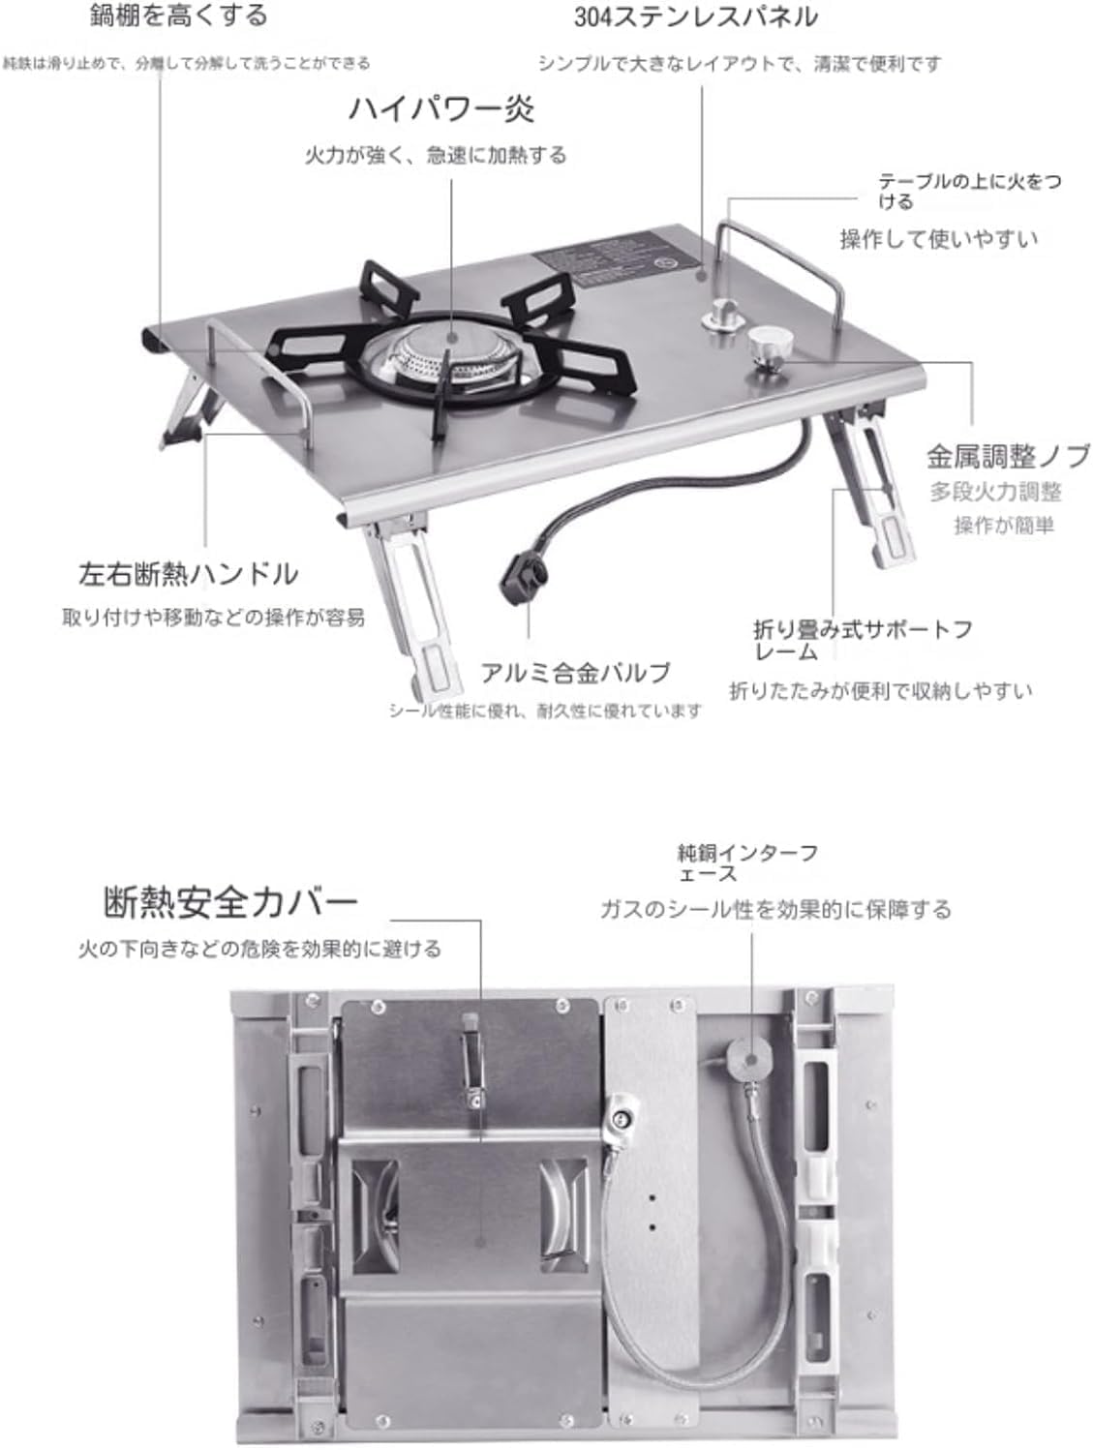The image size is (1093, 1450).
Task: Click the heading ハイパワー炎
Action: tap(440, 108)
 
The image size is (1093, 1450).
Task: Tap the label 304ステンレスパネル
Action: tap(695, 17)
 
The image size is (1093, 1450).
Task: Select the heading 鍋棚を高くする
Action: tap(178, 15)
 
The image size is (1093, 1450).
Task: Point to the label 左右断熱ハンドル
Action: tap(188, 574)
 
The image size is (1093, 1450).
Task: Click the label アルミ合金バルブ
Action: tap(575, 673)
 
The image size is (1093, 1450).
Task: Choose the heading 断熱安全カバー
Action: tap(230, 902)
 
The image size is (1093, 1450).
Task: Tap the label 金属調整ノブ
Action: tap(1007, 456)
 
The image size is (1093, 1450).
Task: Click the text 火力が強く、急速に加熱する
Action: tap(436, 155)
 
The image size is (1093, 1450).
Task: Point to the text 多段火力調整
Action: tap(995, 492)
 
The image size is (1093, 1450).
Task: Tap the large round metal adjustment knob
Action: tap(770, 343)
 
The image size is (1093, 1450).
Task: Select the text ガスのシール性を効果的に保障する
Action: tap(774, 910)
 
